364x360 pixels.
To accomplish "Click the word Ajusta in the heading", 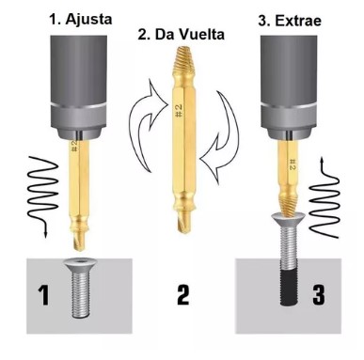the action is (88, 20).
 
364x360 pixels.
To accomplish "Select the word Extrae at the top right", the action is (298, 21).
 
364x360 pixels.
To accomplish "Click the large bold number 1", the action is (43, 294).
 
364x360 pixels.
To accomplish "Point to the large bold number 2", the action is (182, 294).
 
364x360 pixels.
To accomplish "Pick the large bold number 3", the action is (319, 294).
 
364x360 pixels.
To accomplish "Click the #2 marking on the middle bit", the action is (178, 111).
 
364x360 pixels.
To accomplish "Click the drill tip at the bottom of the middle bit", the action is (184, 223).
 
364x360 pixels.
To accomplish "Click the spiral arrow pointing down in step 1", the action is (43, 195).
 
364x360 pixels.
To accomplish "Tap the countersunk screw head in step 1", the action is (81, 265).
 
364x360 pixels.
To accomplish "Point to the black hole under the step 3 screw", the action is (290, 288).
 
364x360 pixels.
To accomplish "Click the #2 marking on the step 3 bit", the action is (292, 164).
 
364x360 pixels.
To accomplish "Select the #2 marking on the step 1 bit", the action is (74, 146).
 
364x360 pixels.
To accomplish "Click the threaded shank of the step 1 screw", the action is (81, 294).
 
